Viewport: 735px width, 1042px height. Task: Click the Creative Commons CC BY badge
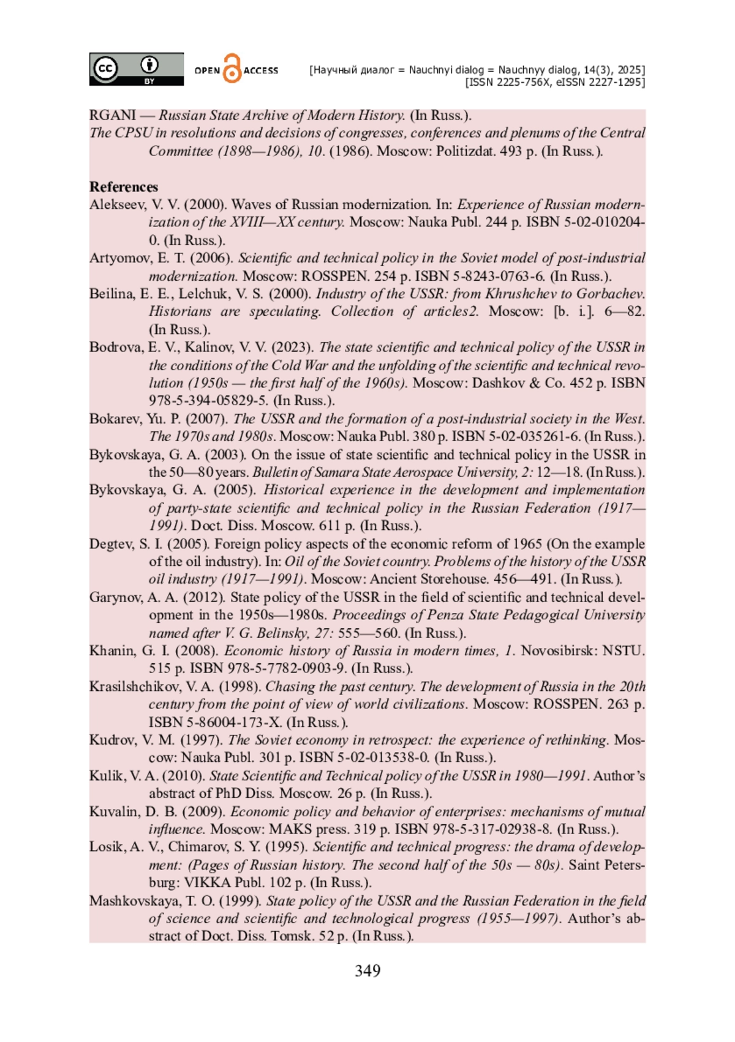pos(136,69)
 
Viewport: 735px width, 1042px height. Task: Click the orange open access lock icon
pos(232,69)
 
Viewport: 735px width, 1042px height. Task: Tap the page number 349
pos(367,970)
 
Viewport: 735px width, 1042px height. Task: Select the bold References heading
pos(124,187)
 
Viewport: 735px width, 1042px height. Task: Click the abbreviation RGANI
pos(113,115)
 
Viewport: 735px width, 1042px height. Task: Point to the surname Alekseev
pos(116,204)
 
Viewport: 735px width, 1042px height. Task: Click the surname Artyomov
pos(119,258)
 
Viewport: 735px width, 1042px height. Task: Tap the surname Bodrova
pos(115,347)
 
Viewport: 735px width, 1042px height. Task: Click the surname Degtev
pos(111,544)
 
